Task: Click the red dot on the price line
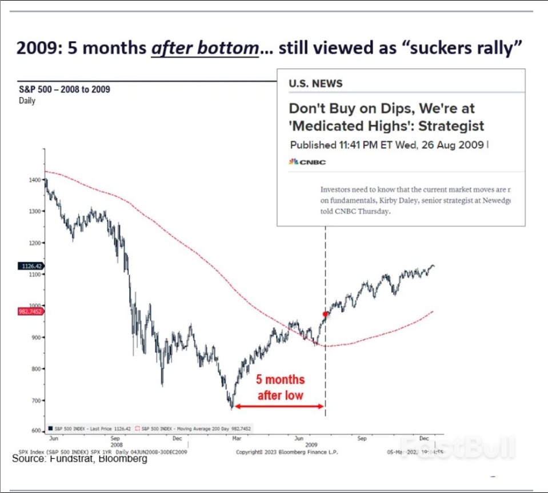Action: (326, 314)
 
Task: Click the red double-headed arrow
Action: (279, 406)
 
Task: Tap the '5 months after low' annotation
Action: (279, 387)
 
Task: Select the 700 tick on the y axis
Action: (35, 401)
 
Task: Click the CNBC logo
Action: (307, 162)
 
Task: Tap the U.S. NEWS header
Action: (316, 83)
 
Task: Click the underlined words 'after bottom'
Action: (205, 48)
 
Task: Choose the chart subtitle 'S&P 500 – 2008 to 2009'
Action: (61, 90)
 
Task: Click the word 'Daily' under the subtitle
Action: (27, 101)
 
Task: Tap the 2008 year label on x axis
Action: (116, 444)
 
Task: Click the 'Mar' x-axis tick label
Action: (235, 438)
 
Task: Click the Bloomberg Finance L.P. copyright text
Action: (287, 452)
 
